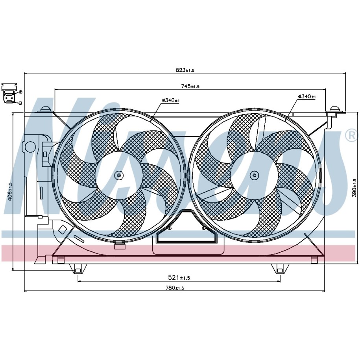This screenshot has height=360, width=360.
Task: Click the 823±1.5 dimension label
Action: pos(185,70)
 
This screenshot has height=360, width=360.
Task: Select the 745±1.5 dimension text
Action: pos(190,86)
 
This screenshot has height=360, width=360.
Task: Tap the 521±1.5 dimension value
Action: pos(179,278)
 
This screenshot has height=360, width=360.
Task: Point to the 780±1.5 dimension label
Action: pos(175,288)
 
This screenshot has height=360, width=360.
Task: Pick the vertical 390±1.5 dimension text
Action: pos(354,188)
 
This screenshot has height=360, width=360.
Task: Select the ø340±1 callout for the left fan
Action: pos(171,100)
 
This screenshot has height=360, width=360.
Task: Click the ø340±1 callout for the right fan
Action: pos(307,97)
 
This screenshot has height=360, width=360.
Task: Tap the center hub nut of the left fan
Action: pos(119,175)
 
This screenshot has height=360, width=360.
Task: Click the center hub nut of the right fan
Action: pos(254,175)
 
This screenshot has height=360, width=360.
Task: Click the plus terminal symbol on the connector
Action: pos(20,92)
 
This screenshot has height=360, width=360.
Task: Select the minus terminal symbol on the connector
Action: pos(20,103)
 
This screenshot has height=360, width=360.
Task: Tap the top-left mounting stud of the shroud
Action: pos(45,109)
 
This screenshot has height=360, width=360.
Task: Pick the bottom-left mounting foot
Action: pos(78,269)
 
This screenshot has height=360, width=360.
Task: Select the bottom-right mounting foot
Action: pos(280,269)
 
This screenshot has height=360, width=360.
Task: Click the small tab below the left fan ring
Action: pos(120,246)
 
